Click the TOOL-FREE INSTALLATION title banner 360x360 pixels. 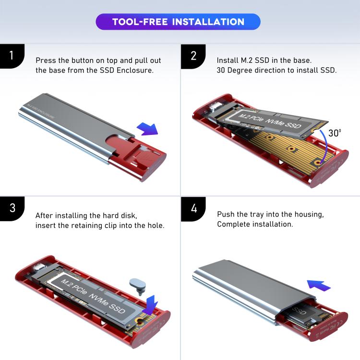click(178, 22)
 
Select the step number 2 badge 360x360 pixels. click(193, 55)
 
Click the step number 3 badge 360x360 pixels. click(12, 208)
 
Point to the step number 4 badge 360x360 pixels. click(193, 208)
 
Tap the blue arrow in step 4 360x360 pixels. click(318, 285)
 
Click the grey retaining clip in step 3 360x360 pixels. click(138, 285)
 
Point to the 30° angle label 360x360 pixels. click(335, 133)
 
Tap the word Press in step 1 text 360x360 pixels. click(46, 61)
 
